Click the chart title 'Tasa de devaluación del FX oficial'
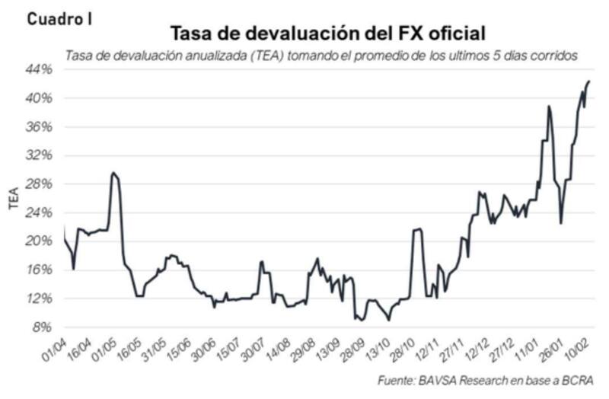327,34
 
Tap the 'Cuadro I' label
59,19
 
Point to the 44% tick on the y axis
40,69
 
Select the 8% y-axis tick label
43,327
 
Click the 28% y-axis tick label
40,184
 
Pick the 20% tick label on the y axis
40,241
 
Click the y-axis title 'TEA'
14,198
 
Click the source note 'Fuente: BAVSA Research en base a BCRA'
484,380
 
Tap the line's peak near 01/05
113,173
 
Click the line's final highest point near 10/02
589,81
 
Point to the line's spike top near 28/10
418,228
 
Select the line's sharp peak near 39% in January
548,107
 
